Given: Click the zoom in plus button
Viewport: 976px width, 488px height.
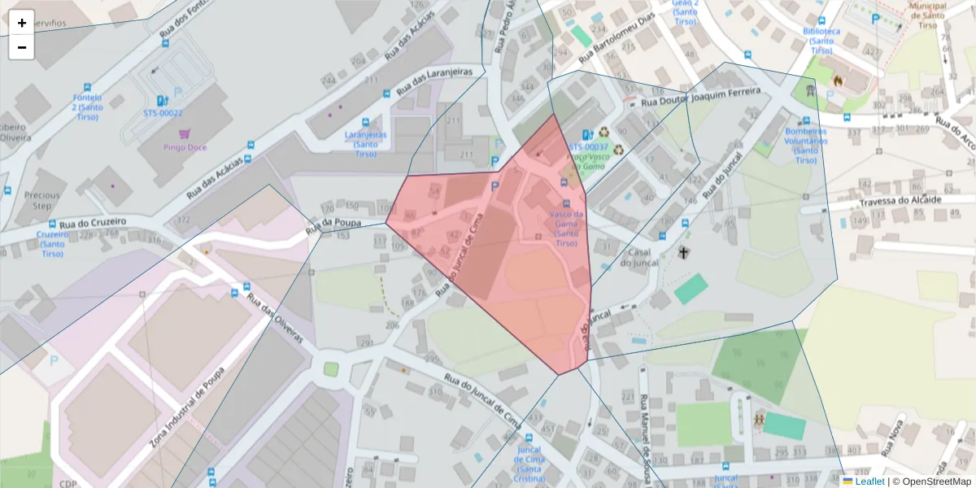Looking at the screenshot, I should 22,23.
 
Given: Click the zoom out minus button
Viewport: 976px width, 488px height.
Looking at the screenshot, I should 22,47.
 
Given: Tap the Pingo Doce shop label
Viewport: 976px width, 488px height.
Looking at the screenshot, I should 185,147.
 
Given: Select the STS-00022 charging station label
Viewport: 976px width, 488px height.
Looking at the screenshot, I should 163,113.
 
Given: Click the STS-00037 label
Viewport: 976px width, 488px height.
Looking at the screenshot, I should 589,146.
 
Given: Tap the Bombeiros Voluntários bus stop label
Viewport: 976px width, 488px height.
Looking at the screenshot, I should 805,145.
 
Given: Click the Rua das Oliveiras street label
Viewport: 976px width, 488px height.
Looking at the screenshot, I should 276,319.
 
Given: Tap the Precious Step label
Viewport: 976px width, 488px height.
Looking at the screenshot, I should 42,200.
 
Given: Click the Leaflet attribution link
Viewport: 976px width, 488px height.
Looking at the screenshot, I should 869,481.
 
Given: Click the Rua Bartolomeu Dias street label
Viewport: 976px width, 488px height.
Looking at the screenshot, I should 617,40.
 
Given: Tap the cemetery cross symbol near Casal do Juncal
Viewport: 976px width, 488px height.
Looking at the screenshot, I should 684,253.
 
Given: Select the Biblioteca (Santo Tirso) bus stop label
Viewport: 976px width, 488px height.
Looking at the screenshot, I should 821,40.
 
